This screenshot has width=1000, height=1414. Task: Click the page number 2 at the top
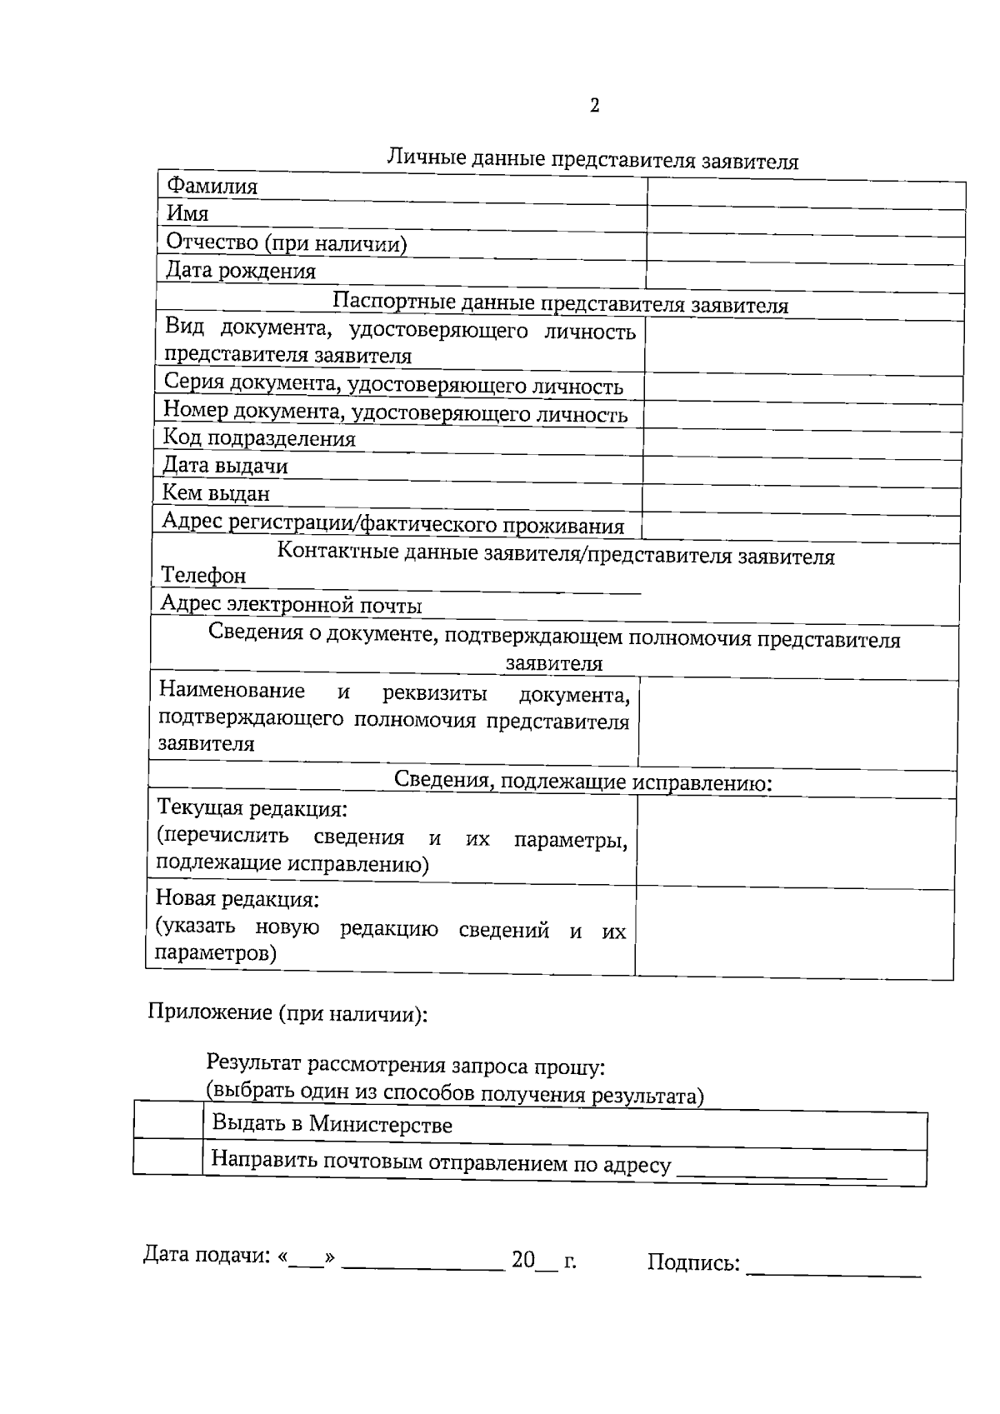[x=594, y=106]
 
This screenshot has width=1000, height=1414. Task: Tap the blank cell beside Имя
[x=806, y=222]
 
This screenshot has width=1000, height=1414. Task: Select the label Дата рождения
[x=241, y=271]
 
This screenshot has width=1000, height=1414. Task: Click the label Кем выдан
[x=216, y=493]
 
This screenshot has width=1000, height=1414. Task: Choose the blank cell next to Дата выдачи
[x=802, y=471]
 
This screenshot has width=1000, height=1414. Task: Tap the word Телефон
[x=203, y=576]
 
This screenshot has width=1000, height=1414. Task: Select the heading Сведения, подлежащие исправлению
[x=582, y=782]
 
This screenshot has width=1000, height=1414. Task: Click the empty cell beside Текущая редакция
[x=795, y=843]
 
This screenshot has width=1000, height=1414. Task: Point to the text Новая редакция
[x=237, y=899]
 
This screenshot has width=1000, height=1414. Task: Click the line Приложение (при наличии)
[x=288, y=1013]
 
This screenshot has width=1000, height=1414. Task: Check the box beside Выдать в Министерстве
[x=168, y=1125]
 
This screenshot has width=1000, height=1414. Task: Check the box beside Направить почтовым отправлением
[x=168, y=1161]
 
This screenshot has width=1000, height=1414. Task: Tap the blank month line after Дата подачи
[x=423, y=1262]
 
